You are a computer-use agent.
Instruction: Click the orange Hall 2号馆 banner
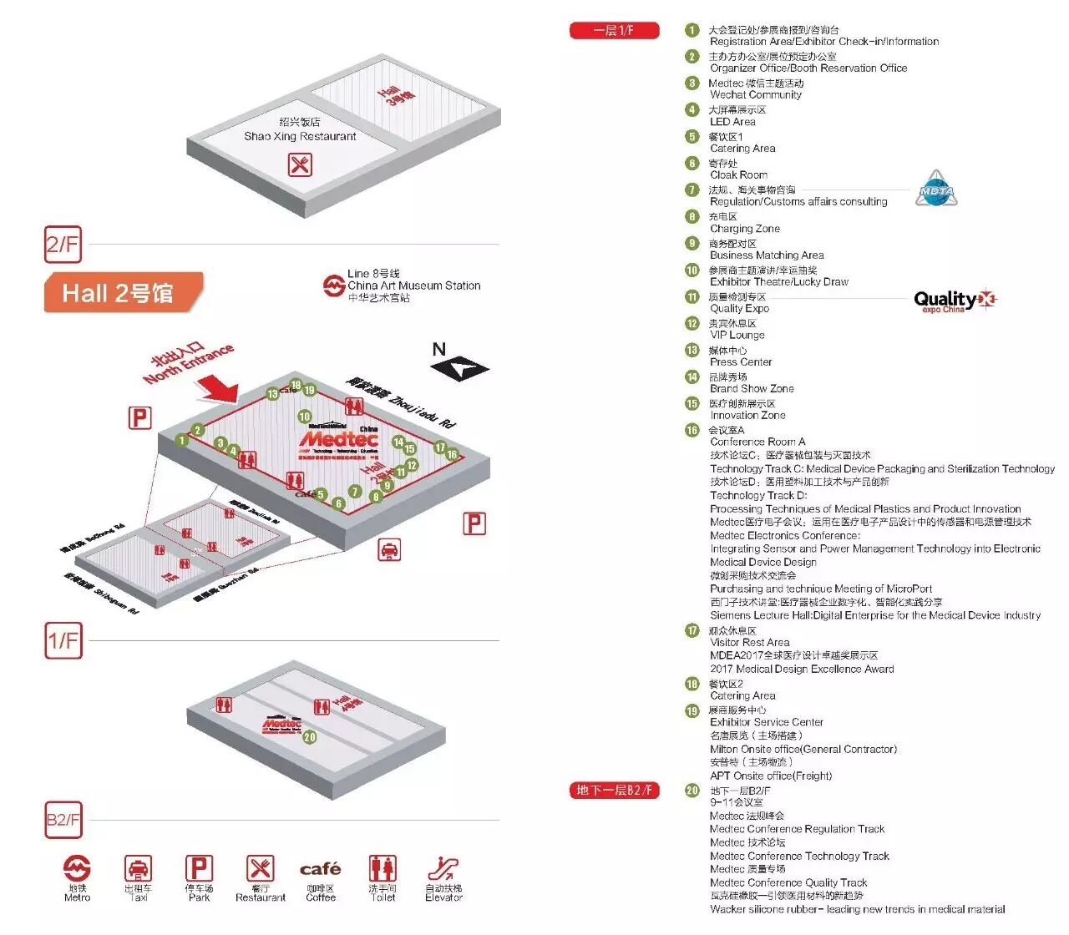tap(122, 293)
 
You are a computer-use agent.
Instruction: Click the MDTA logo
tap(935, 190)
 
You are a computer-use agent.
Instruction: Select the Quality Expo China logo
tap(954, 301)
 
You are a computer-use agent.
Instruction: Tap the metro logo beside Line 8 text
tap(334, 286)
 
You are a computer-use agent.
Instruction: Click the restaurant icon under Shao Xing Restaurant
tap(300, 164)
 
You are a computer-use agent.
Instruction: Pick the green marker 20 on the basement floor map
tap(310, 737)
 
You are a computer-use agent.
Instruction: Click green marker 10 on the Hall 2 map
tap(304, 416)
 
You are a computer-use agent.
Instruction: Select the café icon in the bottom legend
tap(321, 869)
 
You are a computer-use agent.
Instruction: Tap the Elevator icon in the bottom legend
tap(443, 868)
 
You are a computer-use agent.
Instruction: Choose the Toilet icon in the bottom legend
tap(383, 868)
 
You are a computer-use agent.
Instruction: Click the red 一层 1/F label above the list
tap(614, 31)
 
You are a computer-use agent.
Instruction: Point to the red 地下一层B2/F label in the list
tap(614, 790)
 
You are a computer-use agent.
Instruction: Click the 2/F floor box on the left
tap(63, 245)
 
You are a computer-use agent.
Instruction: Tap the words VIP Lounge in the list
tap(737, 336)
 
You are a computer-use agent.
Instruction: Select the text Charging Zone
tap(745, 229)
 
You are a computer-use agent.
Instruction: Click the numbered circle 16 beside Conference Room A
tap(692, 431)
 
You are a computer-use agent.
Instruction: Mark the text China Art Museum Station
tap(414, 286)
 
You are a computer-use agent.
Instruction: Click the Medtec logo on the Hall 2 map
tap(338, 438)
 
